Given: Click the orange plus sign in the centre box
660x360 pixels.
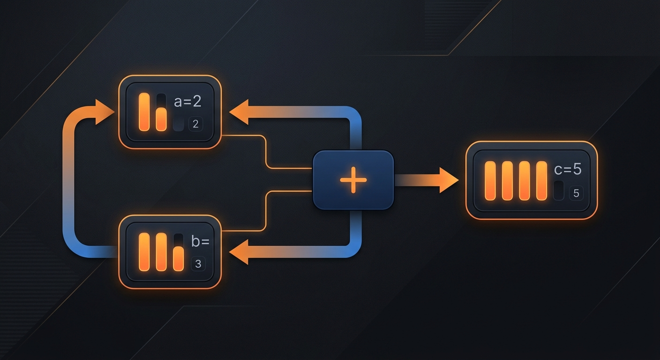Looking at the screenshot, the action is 353,180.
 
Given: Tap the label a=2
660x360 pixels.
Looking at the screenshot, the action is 187,101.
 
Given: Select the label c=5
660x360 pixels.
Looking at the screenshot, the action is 568,169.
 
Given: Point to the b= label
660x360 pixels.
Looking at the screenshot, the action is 200,241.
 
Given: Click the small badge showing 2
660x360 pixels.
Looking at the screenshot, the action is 195,124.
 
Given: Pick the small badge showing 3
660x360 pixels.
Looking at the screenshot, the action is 198,263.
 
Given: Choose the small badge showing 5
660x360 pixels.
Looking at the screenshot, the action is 576,193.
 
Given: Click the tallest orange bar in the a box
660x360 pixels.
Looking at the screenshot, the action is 144,112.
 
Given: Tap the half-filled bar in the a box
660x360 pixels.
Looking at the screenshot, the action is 161,112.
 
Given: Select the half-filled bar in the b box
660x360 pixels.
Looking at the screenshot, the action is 179,252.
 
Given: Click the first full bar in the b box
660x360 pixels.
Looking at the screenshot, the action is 144,252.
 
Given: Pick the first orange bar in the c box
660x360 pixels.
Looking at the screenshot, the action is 490,180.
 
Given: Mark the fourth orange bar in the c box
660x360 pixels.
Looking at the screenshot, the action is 541,180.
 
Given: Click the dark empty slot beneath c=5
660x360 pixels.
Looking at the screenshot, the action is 559,190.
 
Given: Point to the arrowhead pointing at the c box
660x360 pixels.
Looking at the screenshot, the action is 449,180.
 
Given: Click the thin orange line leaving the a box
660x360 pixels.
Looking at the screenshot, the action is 266,152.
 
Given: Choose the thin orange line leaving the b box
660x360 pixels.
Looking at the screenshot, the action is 266,211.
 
